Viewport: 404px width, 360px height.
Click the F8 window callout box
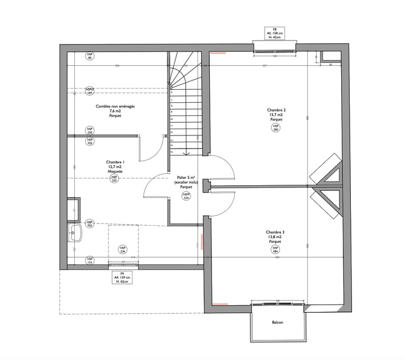[274, 32]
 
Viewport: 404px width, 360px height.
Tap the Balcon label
[277, 322]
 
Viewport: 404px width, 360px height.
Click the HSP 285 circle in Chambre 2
[275, 129]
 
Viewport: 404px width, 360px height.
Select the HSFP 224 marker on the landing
[186, 196]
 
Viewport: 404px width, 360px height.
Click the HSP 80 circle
[90, 55]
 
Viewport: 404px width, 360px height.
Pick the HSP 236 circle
[122, 250]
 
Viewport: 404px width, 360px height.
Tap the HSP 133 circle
[90, 261]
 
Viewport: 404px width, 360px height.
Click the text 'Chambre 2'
[276, 110]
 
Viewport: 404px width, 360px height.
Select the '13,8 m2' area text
[276, 237]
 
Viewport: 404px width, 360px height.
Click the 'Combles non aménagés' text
[115, 106]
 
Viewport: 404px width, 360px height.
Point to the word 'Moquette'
[115, 171]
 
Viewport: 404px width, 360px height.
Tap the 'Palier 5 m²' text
[186, 178]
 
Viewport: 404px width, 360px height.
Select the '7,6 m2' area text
[115, 111]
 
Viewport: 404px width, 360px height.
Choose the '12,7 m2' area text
[115, 167]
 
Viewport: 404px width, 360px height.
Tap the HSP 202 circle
[90, 223]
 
